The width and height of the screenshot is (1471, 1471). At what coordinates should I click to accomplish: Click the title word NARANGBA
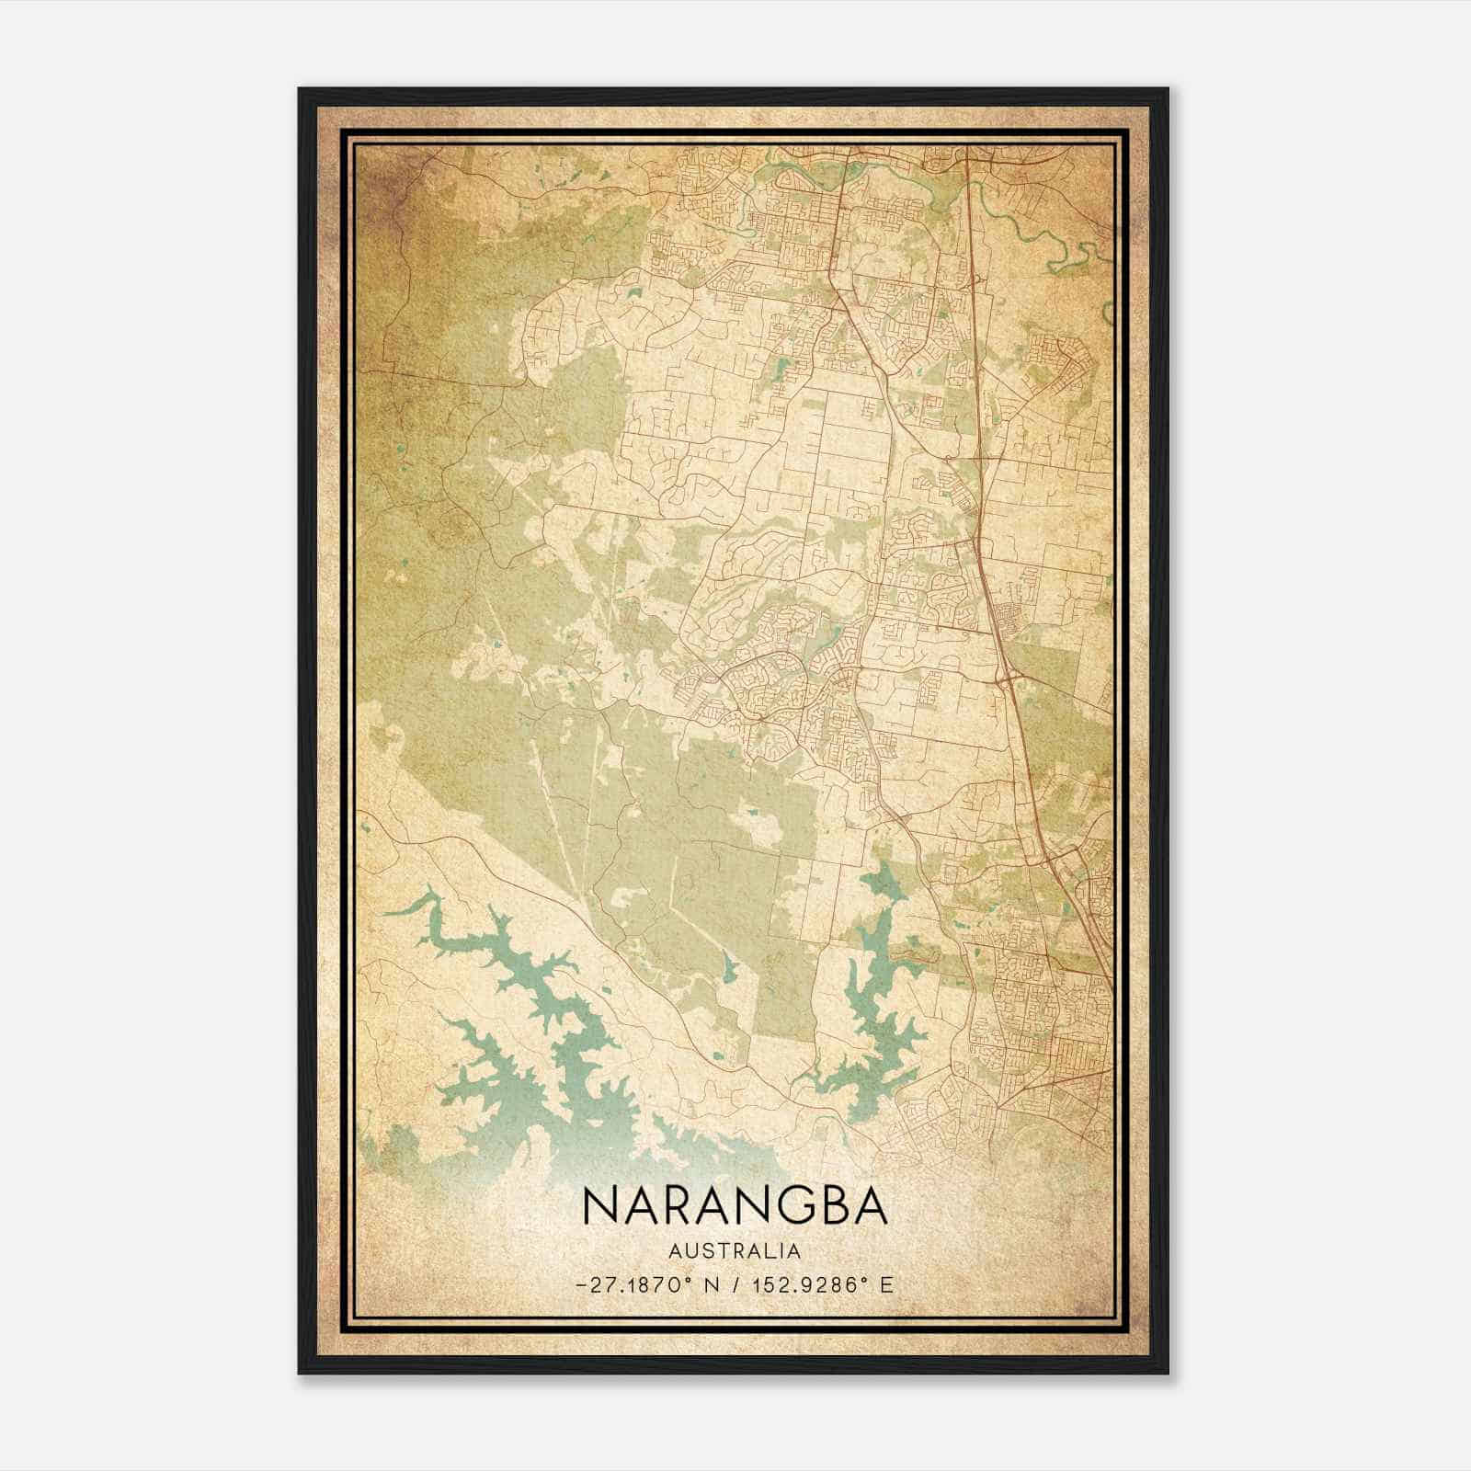point(735,1205)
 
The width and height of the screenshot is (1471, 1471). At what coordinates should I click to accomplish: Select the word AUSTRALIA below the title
point(735,1250)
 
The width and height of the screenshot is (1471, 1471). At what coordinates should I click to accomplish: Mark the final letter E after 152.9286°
point(886,1284)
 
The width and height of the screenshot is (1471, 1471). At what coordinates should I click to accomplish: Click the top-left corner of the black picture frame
point(301,90)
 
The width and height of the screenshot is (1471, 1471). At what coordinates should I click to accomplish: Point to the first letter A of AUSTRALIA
point(675,1250)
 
